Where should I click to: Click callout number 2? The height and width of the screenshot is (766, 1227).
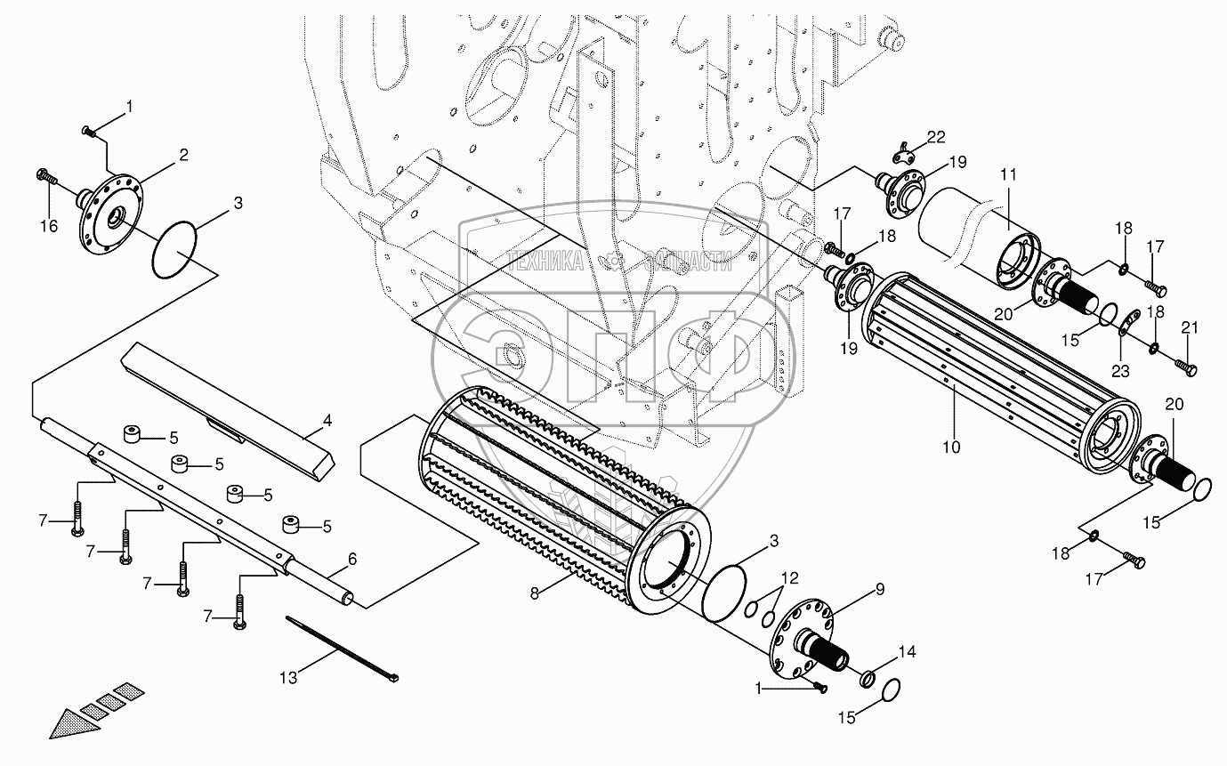pos(183,155)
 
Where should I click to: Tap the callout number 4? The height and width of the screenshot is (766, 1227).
pos(327,419)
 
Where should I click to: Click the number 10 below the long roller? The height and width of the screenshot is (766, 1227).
pos(952,448)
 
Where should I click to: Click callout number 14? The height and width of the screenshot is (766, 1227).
pos(906,651)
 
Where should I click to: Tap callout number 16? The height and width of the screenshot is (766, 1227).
pos(49,227)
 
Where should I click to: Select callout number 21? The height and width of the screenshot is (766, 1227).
pos(1183,329)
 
